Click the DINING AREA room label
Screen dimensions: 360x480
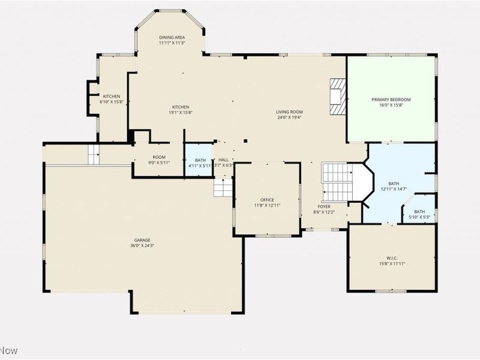[172, 37]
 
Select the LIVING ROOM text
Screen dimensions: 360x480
[289, 112]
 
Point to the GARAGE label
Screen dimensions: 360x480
[142, 240]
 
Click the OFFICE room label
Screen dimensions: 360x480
[267, 200]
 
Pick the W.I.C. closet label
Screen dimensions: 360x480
[392, 258]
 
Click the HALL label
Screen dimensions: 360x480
[223, 160]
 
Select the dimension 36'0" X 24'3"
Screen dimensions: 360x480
[142, 245]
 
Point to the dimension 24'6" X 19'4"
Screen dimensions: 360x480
[289, 118]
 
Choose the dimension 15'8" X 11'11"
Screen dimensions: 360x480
[392, 263]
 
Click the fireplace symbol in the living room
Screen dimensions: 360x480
[338, 96]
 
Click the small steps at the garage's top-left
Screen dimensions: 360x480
[94, 154]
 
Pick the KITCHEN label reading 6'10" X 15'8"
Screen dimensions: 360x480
[111, 97]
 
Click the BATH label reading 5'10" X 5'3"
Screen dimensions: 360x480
[419, 211]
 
